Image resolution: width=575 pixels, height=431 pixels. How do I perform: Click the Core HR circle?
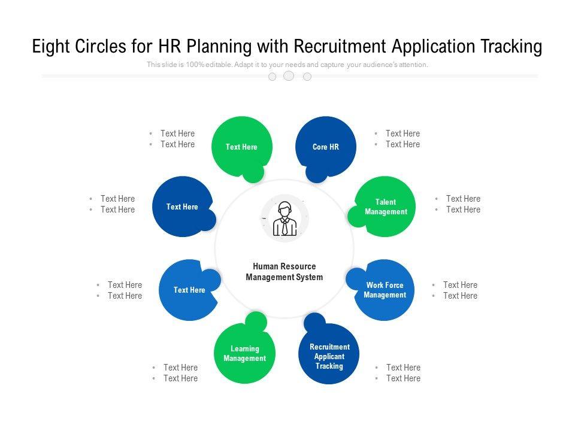click(326, 147)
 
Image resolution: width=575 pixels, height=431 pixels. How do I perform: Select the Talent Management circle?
click(386, 207)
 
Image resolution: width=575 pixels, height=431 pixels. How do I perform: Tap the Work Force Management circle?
click(385, 290)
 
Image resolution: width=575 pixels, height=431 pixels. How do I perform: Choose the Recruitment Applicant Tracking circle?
click(329, 356)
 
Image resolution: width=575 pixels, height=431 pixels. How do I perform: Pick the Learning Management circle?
click(244, 353)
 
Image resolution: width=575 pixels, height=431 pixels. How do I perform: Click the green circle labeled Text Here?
click(241, 147)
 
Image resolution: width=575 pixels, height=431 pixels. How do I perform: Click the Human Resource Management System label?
click(284, 272)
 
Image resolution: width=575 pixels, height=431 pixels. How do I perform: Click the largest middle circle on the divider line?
click(289, 76)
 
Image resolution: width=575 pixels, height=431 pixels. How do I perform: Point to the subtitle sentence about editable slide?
click(287, 65)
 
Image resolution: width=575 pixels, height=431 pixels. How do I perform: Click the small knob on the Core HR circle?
click(316, 172)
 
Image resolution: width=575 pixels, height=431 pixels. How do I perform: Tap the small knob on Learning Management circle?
click(256, 322)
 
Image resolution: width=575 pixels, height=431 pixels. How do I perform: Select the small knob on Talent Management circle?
click(357, 217)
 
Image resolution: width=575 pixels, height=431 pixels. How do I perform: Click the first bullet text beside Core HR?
click(402, 133)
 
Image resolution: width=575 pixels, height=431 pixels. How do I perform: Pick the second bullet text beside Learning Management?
click(180, 378)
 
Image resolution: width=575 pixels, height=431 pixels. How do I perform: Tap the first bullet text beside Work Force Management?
click(460, 285)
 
